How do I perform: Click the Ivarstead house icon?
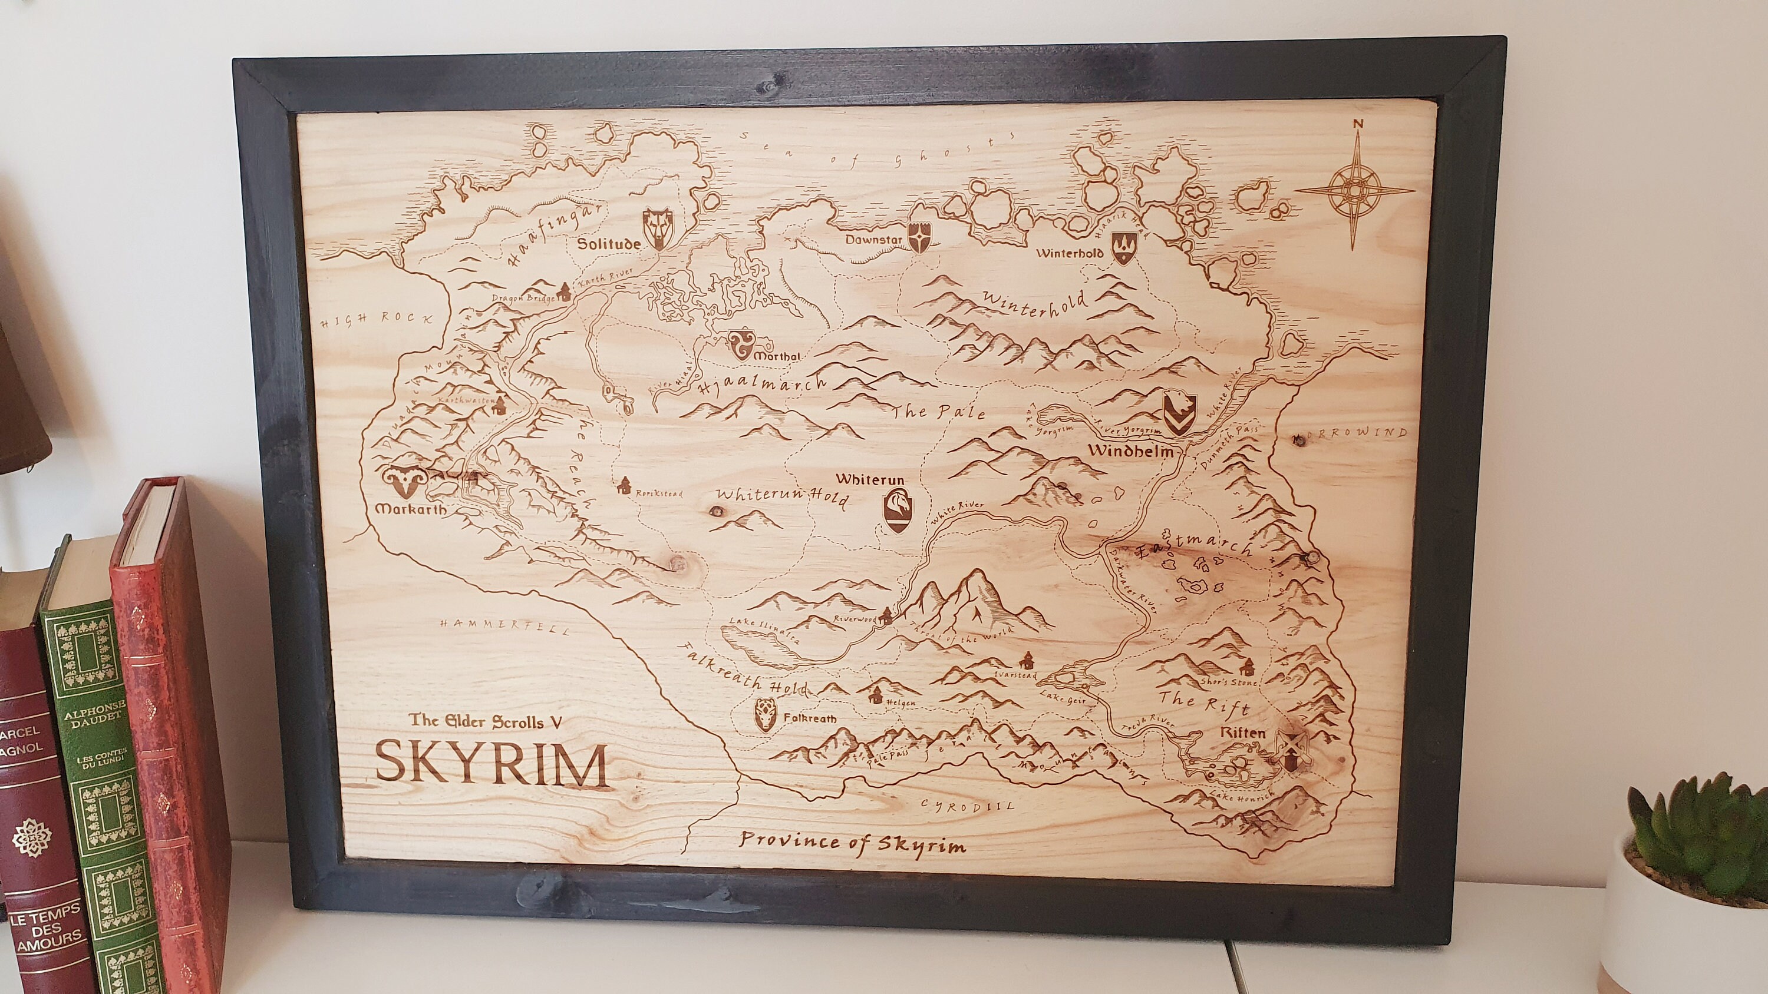(1027, 661)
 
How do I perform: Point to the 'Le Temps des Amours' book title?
(45, 926)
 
